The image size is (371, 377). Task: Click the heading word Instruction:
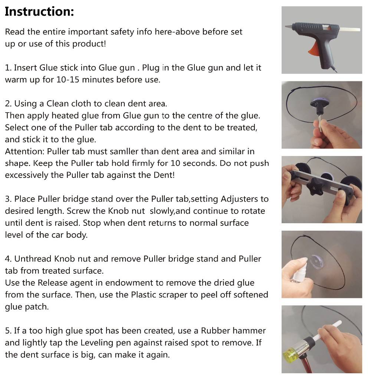39,12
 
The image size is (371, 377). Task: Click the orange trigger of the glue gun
313,50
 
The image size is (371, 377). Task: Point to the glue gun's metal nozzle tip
288,26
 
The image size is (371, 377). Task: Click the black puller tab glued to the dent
319,106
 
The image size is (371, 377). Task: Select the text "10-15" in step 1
68,79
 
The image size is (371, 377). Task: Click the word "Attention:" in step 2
25,152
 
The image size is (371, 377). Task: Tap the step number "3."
9,199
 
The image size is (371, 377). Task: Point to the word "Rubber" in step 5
216,331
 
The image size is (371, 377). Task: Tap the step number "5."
9,331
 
